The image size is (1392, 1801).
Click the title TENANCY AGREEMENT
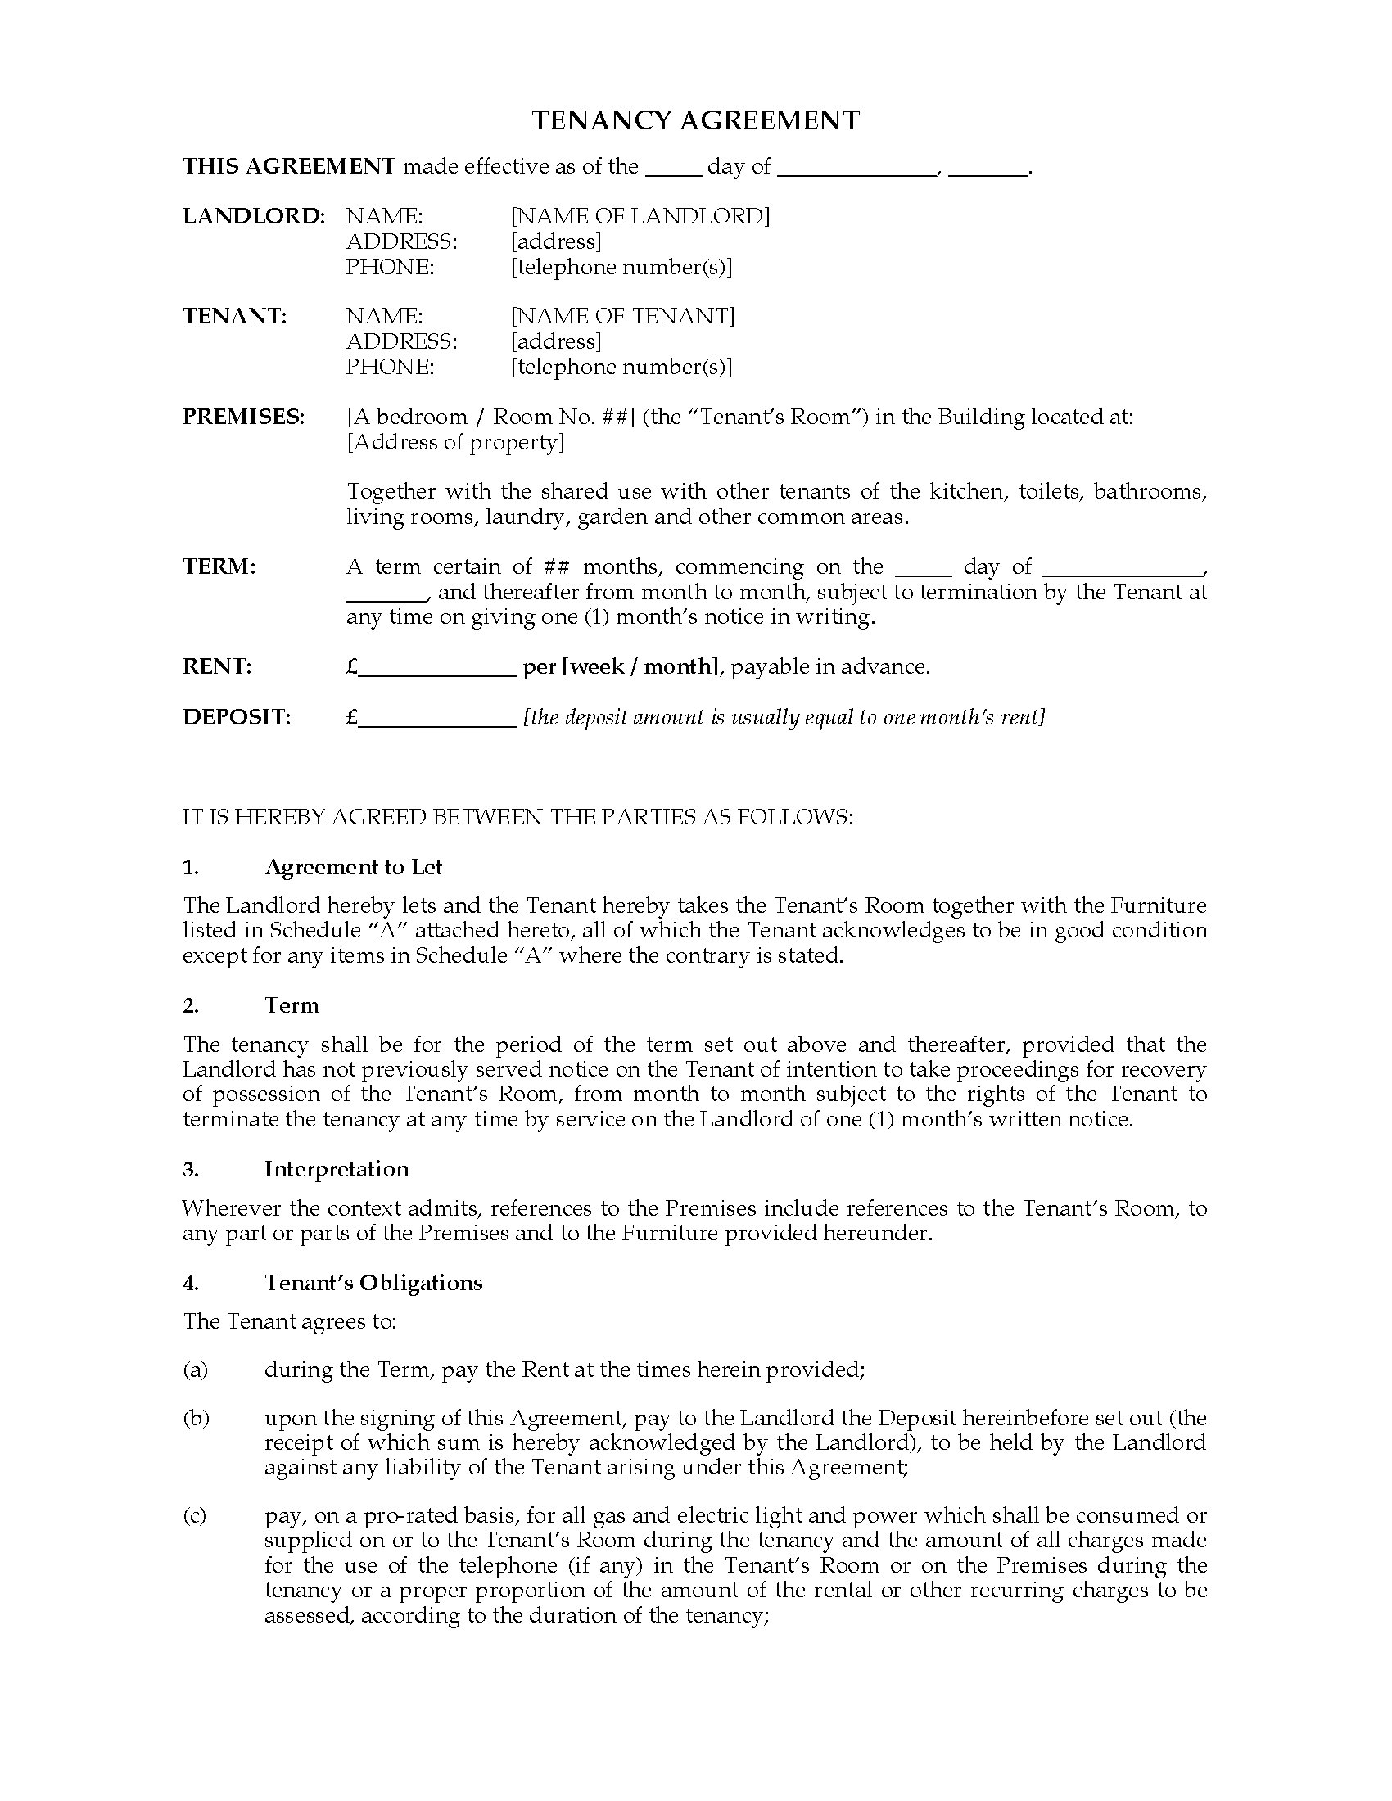click(x=695, y=121)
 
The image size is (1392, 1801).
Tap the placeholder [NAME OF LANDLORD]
click(x=640, y=216)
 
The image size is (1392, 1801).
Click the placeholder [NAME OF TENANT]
click(x=621, y=316)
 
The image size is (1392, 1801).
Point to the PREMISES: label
click(x=243, y=417)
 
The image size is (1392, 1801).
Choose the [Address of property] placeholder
click(x=455, y=442)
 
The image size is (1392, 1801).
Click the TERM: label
click(x=219, y=566)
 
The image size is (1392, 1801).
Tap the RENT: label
click(x=217, y=666)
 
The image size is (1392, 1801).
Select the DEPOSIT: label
click(x=237, y=716)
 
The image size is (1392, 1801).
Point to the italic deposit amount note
click(x=784, y=717)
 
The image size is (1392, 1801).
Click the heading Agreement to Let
click(x=353, y=867)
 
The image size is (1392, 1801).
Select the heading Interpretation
click(x=337, y=1168)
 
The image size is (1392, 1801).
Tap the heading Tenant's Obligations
click(x=373, y=1282)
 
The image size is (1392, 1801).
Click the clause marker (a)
click(x=195, y=1370)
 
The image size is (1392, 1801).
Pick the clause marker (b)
click(x=196, y=1419)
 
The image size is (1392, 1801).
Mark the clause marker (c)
click(x=195, y=1515)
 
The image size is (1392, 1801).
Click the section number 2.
click(x=191, y=1005)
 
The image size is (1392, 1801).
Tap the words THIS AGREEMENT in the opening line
click(x=289, y=166)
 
